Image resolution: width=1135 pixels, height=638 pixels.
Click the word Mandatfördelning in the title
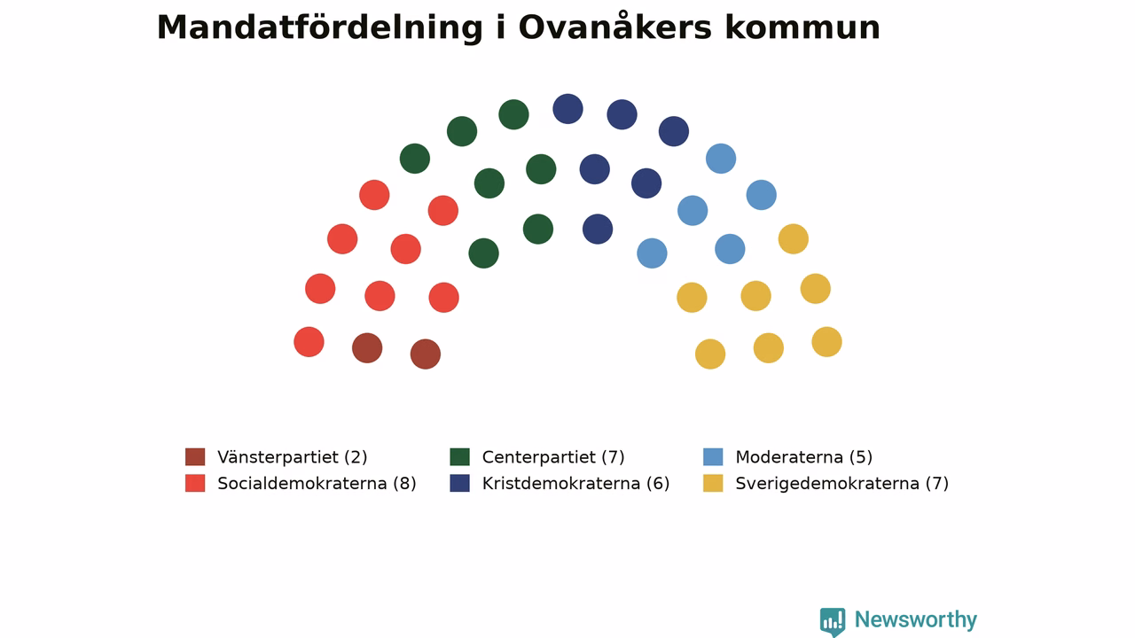tap(320, 28)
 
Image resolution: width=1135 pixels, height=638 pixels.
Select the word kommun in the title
tap(802, 27)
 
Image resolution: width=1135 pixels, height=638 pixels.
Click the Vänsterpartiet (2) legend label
tap(293, 457)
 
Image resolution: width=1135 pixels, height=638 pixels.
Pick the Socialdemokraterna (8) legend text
tap(317, 484)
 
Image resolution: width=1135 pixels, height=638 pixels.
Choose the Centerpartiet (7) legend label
tap(553, 457)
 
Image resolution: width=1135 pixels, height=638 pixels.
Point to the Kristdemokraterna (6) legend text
tap(576, 484)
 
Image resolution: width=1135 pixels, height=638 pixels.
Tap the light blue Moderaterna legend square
tap(713, 456)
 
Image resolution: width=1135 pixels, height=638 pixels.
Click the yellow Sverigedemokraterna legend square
tap(713, 483)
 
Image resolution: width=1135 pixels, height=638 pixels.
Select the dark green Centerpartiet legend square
tap(459, 456)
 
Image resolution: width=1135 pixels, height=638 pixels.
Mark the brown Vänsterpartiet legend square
tap(195, 456)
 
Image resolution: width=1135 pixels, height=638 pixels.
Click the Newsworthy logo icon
tap(833, 622)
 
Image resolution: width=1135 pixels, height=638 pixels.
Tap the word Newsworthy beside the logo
tap(916, 619)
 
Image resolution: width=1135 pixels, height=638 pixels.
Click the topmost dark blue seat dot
tap(568, 109)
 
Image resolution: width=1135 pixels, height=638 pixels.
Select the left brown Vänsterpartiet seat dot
tap(367, 348)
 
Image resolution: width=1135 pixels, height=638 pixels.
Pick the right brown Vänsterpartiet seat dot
tap(426, 354)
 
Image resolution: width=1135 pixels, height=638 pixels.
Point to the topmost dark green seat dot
tap(513, 114)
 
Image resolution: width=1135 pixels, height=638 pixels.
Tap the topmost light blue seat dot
tap(721, 159)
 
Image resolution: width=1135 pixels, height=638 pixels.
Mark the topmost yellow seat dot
tap(794, 239)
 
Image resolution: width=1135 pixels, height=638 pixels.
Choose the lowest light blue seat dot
tap(652, 253)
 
